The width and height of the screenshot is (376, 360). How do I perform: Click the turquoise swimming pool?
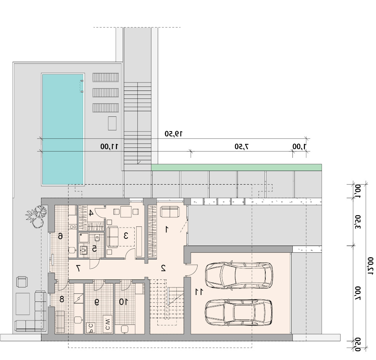(63, 129)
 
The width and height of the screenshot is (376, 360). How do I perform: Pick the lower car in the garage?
(239, 312)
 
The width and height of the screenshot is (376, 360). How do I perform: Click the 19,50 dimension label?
(173, 134)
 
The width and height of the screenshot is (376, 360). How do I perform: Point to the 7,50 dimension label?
(241, 146)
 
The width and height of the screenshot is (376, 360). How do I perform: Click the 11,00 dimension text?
(109, 146)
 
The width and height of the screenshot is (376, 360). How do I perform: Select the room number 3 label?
(125, 236)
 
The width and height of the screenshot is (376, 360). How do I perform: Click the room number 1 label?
(166, 230)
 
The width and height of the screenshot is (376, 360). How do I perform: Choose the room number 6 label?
(61, 236)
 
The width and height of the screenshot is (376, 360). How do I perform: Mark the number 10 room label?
(123, 302)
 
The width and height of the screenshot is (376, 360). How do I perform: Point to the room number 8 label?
(62, 299)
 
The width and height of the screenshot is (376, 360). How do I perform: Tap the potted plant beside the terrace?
(36, 216)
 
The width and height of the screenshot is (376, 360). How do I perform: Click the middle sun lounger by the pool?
(106, 92)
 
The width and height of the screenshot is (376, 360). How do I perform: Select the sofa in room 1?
(170, 212)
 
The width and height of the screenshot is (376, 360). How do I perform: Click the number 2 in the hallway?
(163, 268)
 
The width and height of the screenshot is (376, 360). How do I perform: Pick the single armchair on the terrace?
(22, 282)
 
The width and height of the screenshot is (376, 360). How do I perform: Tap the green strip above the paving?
(237, 167)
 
